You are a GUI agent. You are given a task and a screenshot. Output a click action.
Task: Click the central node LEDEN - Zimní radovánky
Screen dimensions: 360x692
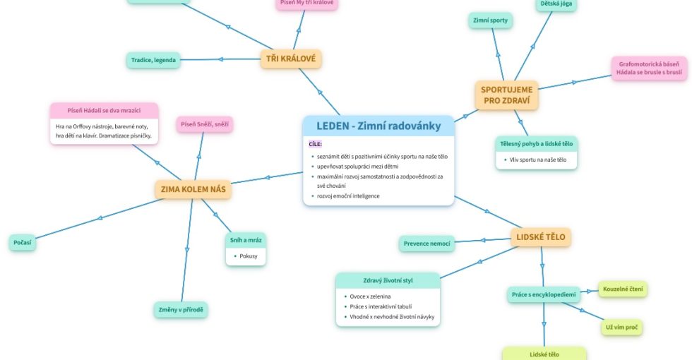[378, 126]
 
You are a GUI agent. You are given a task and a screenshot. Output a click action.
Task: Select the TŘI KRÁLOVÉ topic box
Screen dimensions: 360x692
[291, 59]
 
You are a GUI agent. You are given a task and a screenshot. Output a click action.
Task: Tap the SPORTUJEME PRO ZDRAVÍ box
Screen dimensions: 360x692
[506, 95]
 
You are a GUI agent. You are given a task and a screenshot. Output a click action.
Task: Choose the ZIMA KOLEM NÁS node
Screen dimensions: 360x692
[193, 189]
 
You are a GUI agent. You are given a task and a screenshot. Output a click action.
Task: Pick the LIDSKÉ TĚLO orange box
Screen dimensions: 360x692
[540, 237]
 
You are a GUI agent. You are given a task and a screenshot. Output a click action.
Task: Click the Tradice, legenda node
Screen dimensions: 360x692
[153, 60]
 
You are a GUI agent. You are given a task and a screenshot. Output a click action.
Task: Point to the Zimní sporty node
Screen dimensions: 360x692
[490, 20]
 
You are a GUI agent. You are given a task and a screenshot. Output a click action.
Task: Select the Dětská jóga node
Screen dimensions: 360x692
[556, 4]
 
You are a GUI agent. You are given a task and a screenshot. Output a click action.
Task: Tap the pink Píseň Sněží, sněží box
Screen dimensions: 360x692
[204, 125]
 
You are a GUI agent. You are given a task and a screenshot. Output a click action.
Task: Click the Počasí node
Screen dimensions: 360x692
[23, 243]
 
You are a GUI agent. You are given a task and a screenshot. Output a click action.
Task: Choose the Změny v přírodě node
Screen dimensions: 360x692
[181, 310]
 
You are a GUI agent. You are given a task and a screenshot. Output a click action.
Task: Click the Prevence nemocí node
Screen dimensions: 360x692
[426, 244]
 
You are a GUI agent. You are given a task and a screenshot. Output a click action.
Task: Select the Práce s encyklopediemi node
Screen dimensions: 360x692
[544, 294]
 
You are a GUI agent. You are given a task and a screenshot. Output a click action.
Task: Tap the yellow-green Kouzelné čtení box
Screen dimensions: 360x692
[623, 289]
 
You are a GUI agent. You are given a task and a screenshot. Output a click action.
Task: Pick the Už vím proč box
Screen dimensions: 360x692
[621, 328]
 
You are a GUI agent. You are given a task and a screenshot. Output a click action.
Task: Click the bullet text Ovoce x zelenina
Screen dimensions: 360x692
[370, 296]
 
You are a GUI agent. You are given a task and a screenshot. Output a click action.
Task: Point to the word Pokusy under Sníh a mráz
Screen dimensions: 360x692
[249, 256]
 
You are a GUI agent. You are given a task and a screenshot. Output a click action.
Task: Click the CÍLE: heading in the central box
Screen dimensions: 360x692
[315, 144]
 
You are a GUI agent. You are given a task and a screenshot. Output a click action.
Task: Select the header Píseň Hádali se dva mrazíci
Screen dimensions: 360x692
[104, 111]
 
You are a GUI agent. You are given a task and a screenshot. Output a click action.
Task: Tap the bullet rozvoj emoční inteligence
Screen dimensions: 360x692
[348, 196]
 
